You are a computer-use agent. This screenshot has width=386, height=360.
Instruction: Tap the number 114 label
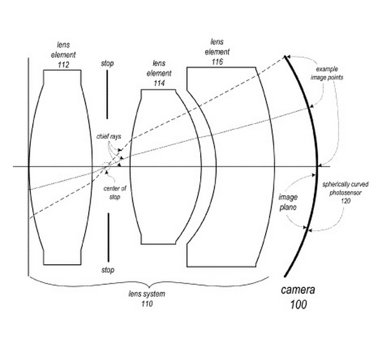[159, 83]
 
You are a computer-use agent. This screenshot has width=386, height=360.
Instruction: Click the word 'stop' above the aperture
[108, 64]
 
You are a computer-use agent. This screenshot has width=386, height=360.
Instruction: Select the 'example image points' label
[331, 72]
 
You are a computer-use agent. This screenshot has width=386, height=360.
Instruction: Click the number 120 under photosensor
[345, 201]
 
